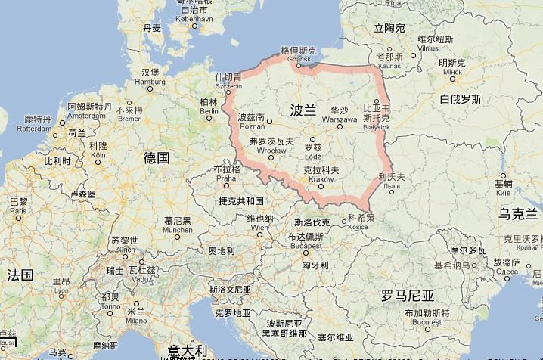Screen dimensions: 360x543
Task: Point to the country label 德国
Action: pos(156,157)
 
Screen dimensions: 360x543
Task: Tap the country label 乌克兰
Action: pos(520,214)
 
